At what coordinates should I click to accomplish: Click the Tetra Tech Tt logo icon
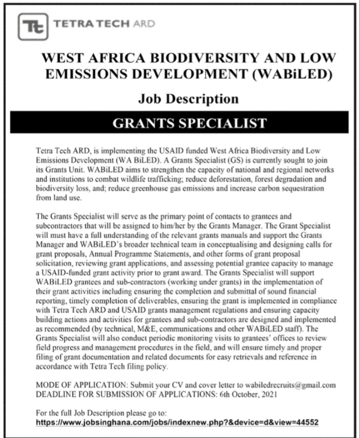click(33, 26)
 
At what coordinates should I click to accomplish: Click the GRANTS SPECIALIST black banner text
click(189, 124)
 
